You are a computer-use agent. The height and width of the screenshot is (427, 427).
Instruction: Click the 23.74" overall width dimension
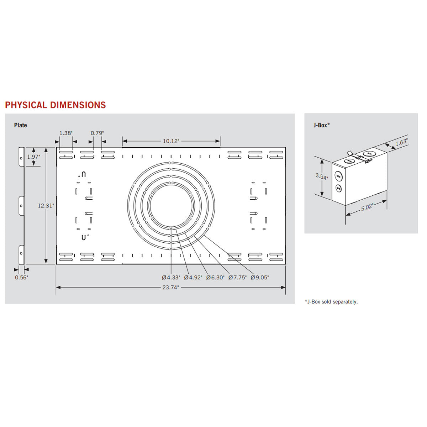(x=170, y=288)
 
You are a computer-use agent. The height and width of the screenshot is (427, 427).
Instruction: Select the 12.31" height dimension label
(x=46, y=205)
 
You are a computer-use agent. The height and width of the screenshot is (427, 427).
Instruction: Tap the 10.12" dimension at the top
(x=171, y=141)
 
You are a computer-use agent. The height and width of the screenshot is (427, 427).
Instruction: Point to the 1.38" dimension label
(x=66, y=133)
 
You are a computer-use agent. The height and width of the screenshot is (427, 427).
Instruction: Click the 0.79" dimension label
(x=97, y=133)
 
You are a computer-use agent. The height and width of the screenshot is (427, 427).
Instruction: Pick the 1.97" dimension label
(x=34, y=157)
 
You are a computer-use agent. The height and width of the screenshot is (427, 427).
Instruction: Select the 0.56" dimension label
(x=21, y=278)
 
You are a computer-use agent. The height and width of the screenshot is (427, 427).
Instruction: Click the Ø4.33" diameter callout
(x=171, y=278)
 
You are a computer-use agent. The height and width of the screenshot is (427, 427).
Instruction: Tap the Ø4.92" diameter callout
(x=193, y=278)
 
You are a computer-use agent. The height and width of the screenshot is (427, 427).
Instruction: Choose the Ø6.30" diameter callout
(x=215, y=278)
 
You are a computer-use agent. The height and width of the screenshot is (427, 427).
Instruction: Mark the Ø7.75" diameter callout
(x=237, y=278)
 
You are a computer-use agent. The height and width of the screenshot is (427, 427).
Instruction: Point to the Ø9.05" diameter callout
(x=260, y=278)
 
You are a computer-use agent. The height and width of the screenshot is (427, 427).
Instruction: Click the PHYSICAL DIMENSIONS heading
(x=56, y=105)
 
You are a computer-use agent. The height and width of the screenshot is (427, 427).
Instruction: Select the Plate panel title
(x=21, y=125)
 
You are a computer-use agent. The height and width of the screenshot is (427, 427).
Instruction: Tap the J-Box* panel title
(x=322, y=125)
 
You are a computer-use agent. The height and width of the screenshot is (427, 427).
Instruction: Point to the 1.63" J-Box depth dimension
(x=401, y=142)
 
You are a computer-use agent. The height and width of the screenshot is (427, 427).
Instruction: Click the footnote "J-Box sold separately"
(x=332, y=302)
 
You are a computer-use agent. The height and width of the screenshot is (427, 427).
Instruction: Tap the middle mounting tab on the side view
(x=21, y=206)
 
